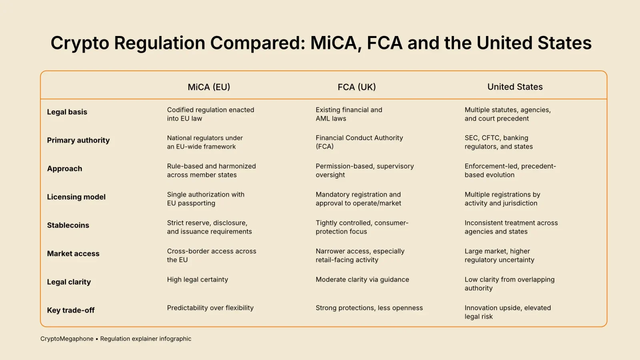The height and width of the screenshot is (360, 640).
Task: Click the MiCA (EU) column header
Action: (209, 87)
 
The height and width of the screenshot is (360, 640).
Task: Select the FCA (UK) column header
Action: (356, 87)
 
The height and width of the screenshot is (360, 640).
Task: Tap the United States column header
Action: (515, 87)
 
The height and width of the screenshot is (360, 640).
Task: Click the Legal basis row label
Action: (67, 112)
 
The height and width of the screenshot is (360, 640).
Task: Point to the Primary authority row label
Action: (78, 140)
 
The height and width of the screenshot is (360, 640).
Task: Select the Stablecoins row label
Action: (68, 225)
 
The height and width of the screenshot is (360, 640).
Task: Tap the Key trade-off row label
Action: (71, 310)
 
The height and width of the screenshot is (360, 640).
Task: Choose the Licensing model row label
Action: (76, 197)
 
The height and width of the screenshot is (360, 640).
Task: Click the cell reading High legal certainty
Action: (198, 280)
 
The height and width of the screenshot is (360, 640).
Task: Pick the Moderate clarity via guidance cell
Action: (362, 280)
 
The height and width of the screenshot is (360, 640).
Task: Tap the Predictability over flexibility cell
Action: (210, 308)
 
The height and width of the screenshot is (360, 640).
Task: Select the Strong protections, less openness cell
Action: (369, 308)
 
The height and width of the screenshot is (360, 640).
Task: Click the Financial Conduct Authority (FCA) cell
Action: (359, 142)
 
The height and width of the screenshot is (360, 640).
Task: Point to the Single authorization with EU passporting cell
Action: (206, 199)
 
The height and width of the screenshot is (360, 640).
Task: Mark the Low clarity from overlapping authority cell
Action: (510, 284)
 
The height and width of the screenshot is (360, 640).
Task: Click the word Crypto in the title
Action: (80, 43)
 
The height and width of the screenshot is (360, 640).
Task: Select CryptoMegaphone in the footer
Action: (67, 339)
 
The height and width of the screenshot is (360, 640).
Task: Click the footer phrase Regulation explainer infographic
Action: (146, 339)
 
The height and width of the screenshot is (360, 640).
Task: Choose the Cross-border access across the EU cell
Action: (212, 255)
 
